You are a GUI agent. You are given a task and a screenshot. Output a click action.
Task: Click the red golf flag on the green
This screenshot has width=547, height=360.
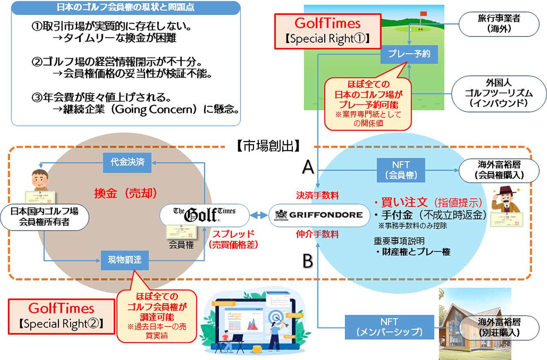point(423,14)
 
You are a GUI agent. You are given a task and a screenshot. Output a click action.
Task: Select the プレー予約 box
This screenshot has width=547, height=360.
point(409,54)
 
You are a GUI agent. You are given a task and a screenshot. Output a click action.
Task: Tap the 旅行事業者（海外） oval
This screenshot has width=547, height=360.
point(499,24)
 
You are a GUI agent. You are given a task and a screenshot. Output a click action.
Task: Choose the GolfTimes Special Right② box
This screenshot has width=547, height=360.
point(61,315)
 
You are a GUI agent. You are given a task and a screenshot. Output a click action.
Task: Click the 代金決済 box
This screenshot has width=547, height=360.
point(128,162)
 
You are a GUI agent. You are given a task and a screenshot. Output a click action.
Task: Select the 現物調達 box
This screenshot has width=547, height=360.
point(125,260)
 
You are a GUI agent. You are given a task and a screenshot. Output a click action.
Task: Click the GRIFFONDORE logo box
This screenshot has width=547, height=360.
point(318,215)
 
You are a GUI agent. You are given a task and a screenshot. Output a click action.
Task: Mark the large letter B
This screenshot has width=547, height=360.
point(307,262)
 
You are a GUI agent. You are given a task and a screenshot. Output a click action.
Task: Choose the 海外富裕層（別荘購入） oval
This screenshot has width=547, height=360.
point(499,327)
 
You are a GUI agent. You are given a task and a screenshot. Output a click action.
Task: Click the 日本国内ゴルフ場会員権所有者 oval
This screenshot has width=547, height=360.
point(45,216)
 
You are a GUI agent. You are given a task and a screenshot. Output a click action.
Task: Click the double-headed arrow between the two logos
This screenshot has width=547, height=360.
point(259,215)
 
